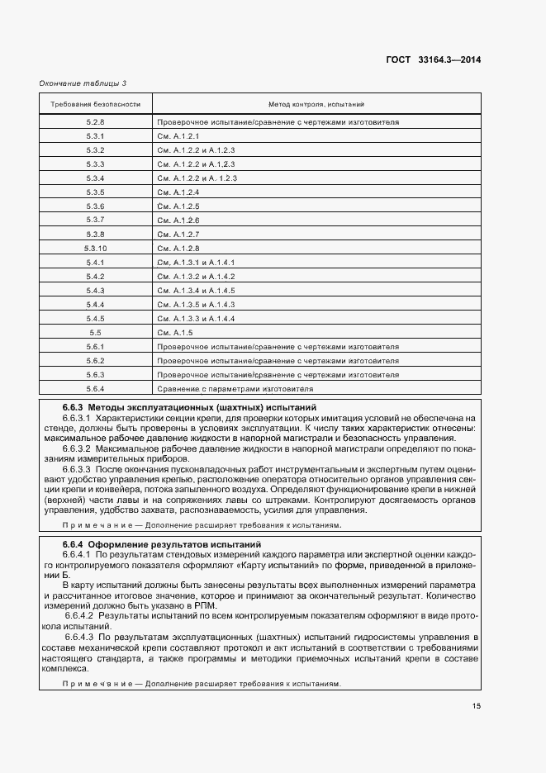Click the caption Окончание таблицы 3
coord(83,83)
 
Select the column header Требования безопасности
coord(96,105)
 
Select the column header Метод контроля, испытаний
coord(316,105)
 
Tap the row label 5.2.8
coord(96,121)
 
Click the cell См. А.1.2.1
coord(178,135)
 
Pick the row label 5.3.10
coord(96,248)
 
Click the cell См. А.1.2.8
coord(178,248)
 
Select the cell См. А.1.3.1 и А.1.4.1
coord(196,262)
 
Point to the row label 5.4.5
coord(96,318)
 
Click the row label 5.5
coord(96,332)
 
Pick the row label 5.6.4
coord(96,388)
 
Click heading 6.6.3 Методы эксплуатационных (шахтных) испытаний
coord(188,408)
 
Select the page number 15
coord(477,705)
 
